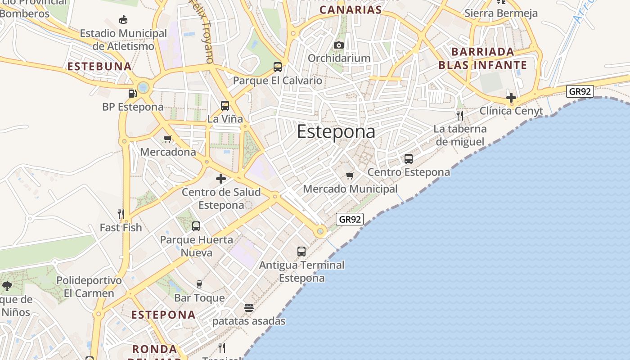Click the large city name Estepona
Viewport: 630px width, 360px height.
[336, 131]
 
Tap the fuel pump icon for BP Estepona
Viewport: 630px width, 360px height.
[132, 94]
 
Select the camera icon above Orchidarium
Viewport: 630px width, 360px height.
[339, 45]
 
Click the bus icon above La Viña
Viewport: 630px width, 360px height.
[225, 106]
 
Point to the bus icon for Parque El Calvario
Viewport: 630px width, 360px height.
[278, 67]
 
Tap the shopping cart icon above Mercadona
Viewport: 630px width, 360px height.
[168, 139]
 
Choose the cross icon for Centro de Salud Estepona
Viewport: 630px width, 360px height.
[221, 179]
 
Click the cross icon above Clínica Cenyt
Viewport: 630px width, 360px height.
[511, 97]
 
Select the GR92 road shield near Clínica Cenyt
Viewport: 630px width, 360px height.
[580, 91]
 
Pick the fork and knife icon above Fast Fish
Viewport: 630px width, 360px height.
[121, 214]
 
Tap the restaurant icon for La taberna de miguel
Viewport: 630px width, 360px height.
[459, 116]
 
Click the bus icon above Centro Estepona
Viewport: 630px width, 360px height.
[409, 159]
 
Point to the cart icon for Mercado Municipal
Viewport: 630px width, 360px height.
[350, 175]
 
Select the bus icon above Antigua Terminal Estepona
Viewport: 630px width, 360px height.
[301, 252]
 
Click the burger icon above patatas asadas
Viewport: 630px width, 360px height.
[249, 308]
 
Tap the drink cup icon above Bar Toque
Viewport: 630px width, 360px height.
[199, 284]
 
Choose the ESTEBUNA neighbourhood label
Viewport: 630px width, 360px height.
[99, 67]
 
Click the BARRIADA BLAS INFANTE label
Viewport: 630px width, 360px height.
[483, 58]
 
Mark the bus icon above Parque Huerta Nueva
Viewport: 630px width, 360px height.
[196, 226]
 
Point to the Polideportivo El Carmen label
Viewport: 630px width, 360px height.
[89, 287]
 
